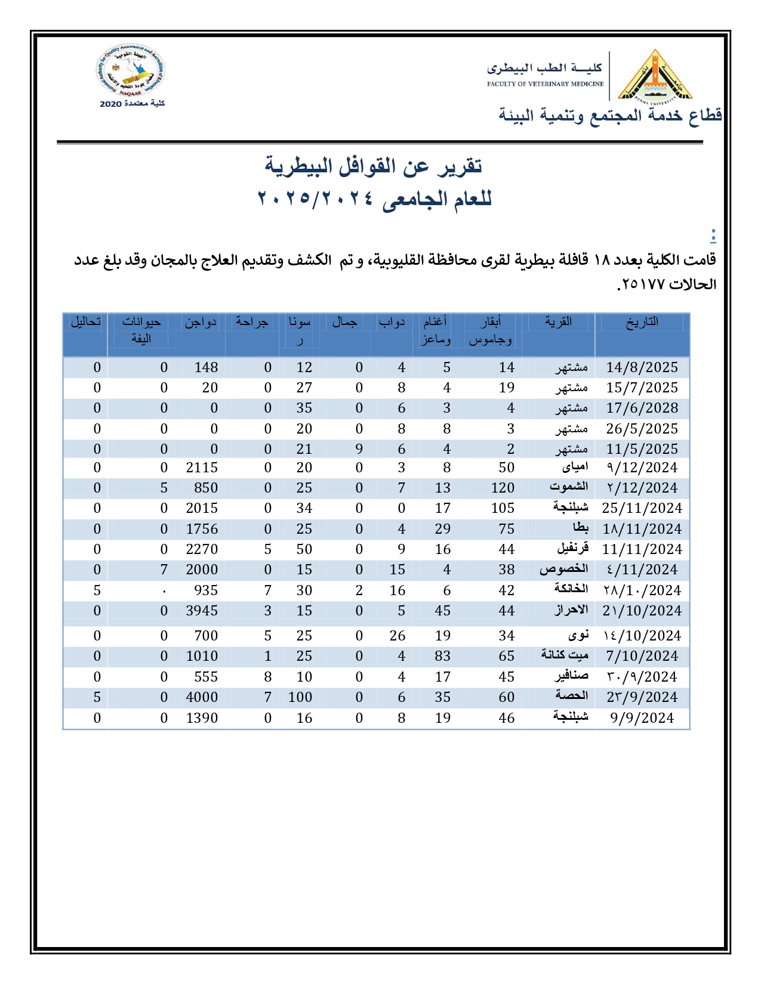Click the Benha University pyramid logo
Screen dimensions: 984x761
tap(655, 76)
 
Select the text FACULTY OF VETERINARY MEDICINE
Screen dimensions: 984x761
tap(545, 84)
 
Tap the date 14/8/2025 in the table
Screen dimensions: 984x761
tap(642, 367)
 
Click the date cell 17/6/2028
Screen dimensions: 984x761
tap(642, 409)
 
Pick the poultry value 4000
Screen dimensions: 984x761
tap(202, 697)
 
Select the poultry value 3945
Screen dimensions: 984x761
tap(202, 611)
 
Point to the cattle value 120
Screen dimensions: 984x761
tap(503, 488)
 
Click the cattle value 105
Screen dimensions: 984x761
tap(503, 508)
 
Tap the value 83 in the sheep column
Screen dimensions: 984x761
tap(442, 656)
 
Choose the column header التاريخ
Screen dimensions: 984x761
tap(642, 322)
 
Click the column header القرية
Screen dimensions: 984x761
tap(559, 322)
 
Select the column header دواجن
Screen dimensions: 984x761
tap(200, 322)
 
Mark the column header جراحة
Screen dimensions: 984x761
tap(252, 322)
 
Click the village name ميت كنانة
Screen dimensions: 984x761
tap(565, 655)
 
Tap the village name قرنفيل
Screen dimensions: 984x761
tap(572, 549)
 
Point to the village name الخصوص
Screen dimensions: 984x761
tap(563, 570)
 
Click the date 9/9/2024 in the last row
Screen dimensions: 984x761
tap(642, 718)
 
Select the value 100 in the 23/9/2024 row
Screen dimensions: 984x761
tap(300, 697)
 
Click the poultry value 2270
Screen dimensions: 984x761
tap(202, 549)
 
